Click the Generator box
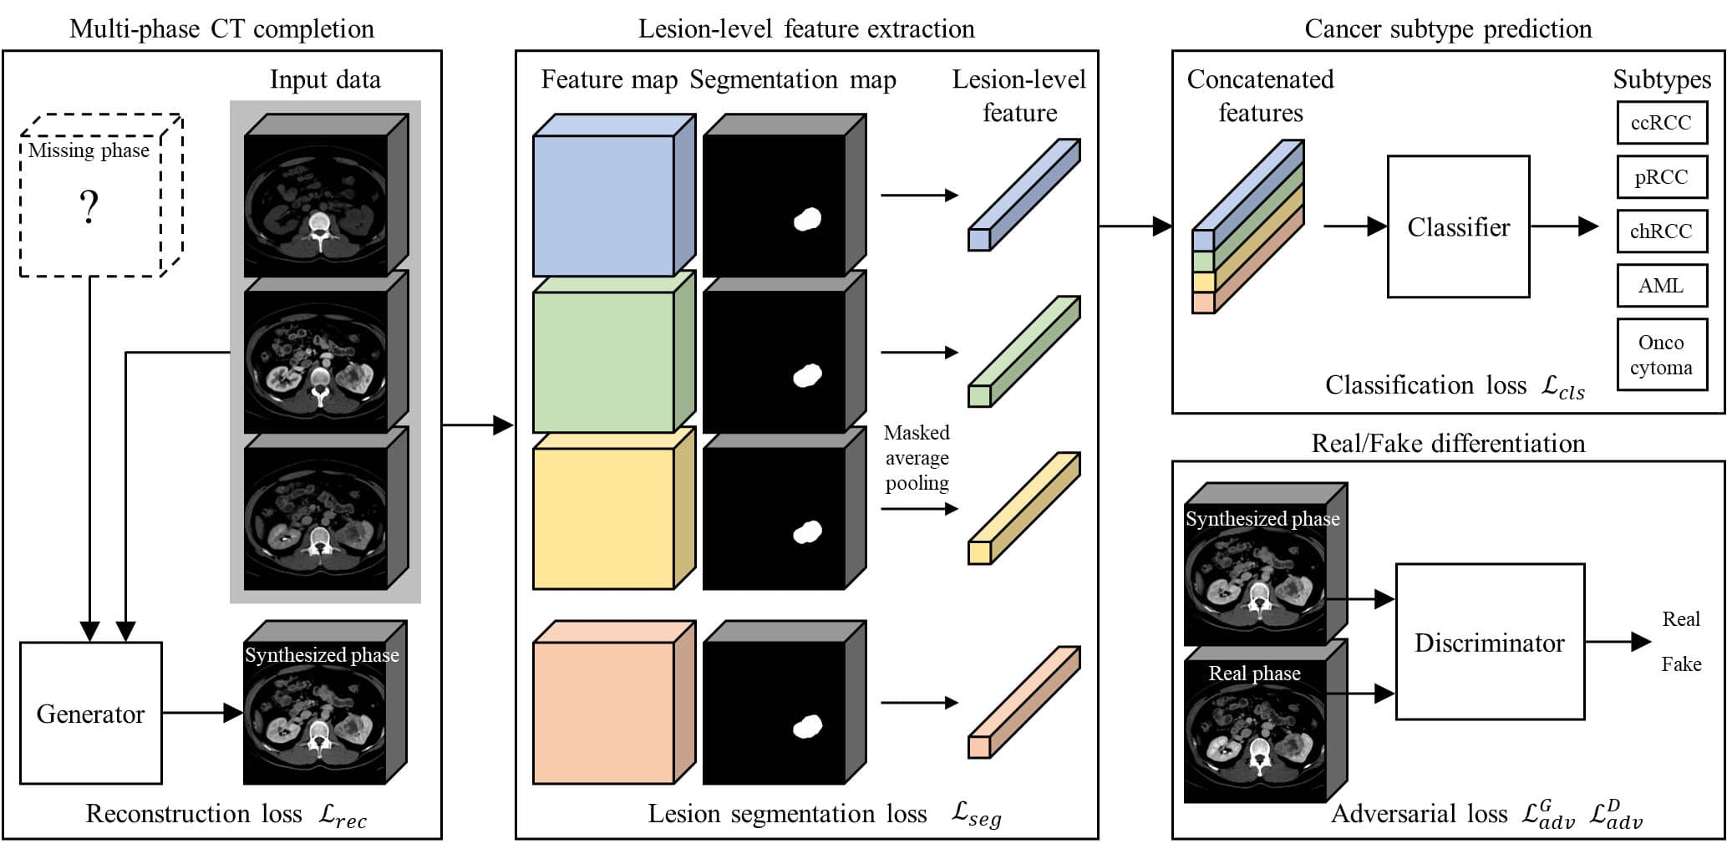(90, 713)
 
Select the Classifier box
(1458, 226)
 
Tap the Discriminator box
(1490, 642)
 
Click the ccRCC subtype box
(1661, 123)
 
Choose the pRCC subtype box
(1661, 177)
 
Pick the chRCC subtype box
(1661, 231)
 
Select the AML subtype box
(1661, 286)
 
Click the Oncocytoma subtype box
(1661, 355)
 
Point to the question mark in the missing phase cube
(89, 206)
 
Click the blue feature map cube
(614, 196)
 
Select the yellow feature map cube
(614, 508)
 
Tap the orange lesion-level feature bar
(1024, 702)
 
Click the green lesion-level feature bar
(1024, 351)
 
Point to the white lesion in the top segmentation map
(806, 219)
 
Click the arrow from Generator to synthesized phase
(202, 713)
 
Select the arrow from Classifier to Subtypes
(1564, 226)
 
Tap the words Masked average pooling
(917, 458)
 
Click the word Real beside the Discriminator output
(1681, 619)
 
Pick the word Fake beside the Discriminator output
(1681, 664)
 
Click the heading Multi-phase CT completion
(221, 28)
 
